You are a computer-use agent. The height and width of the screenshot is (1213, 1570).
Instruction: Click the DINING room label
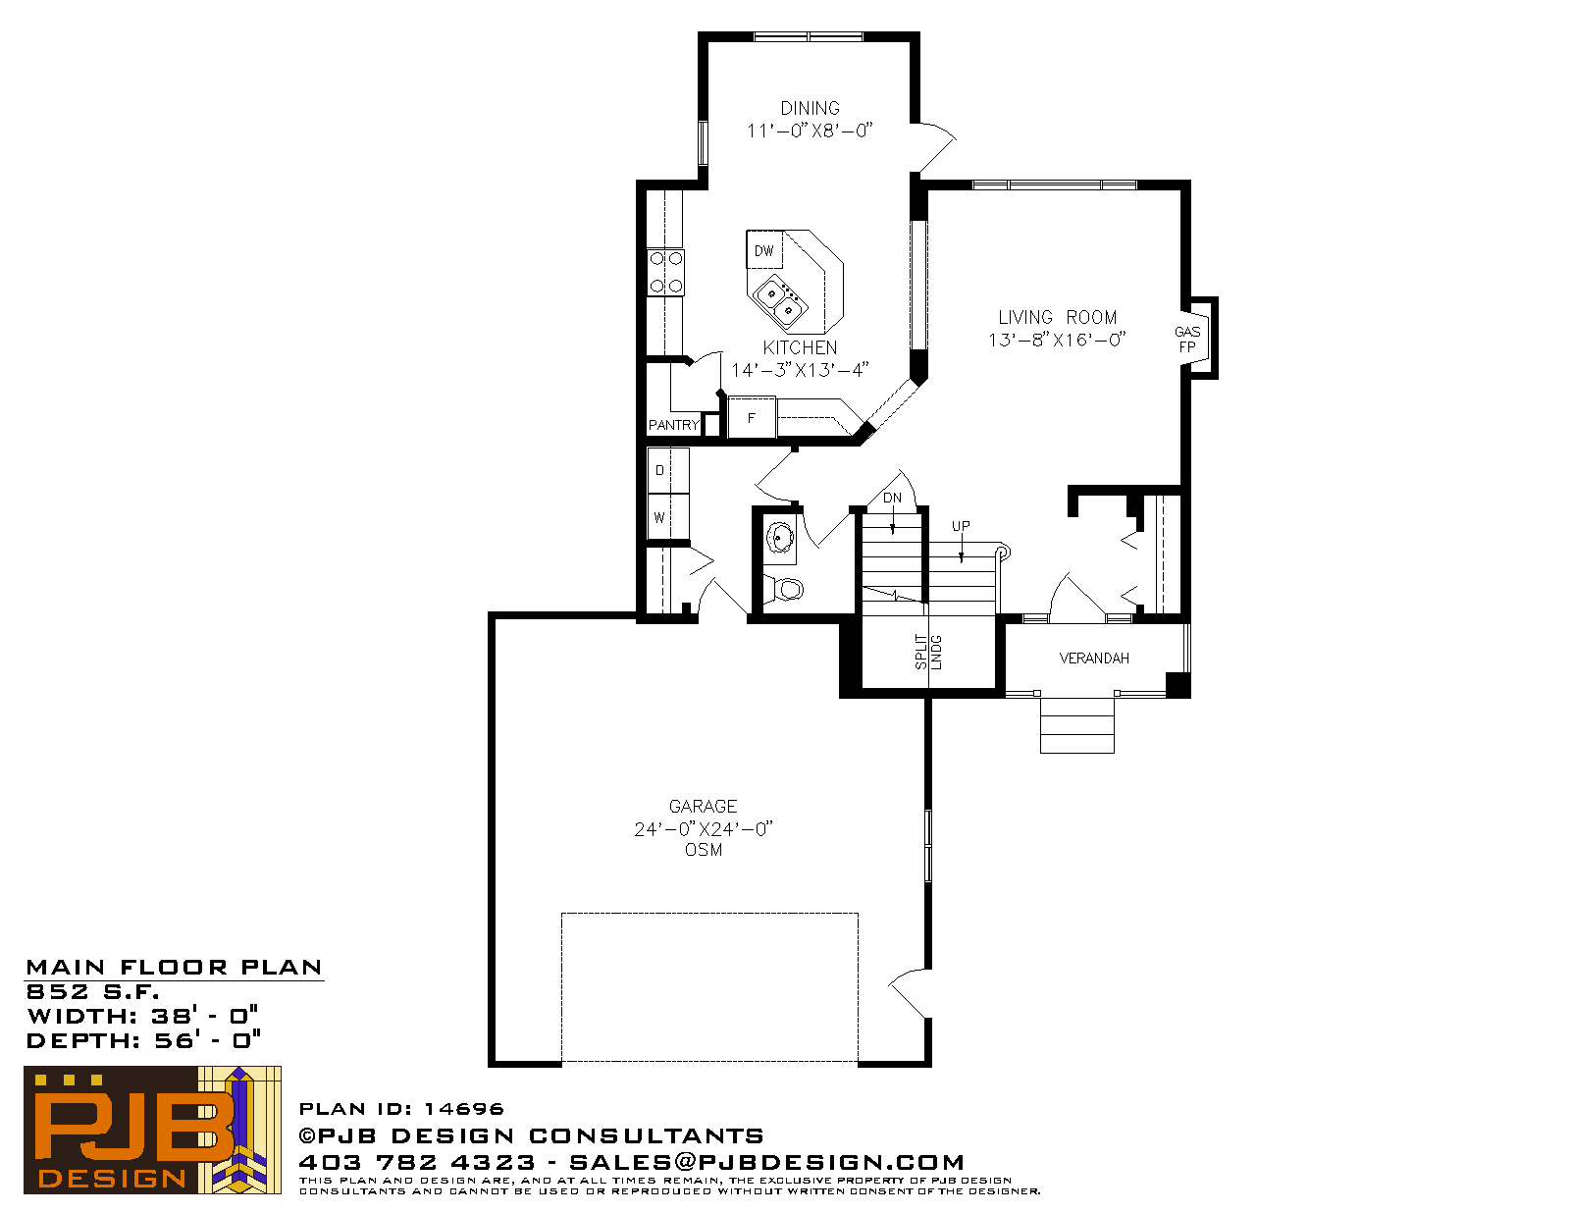(810, 108)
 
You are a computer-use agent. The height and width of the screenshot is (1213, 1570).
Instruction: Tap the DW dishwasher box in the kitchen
(764, 250)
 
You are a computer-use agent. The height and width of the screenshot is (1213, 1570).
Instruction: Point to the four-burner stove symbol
(665, 273)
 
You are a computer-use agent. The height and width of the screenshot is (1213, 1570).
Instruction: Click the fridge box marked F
(752, 417)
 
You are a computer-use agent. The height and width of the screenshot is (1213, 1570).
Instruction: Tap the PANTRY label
(673, 425)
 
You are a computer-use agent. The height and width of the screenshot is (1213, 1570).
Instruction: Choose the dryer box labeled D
(668, 471)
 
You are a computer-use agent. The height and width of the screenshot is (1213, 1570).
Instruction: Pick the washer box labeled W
(668, 516)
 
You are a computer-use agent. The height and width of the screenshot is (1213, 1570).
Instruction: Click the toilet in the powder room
(785, 588)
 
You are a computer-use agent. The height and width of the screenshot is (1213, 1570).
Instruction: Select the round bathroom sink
(779, 538)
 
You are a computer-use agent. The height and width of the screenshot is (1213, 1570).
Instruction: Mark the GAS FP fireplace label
(1187, 339)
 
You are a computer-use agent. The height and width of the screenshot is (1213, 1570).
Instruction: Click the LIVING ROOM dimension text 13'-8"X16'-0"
(1057, 340)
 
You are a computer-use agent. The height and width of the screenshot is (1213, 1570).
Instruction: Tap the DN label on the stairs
(892, 498)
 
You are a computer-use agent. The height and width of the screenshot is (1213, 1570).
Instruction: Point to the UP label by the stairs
(961, 526)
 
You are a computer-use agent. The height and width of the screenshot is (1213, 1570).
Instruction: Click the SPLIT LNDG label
(928, 652)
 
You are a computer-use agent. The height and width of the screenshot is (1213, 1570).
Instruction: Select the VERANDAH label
(1094, 659)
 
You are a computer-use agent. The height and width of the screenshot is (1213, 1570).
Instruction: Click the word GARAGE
(703, 807)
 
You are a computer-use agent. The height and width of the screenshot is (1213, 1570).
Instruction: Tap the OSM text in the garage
(704, 850)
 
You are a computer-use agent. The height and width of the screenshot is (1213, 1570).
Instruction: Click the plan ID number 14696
(464, 1108)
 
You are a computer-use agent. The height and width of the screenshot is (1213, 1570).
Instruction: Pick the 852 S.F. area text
(92, 991)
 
